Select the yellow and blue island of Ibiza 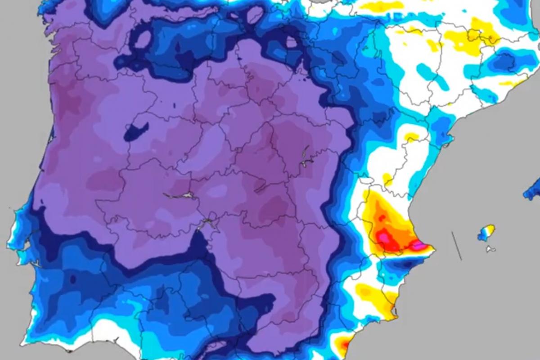(486, 232)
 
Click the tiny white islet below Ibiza (490, 249)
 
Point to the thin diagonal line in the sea (457, 246)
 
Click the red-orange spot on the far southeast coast (344, 346)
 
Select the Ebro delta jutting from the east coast (447, 143)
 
